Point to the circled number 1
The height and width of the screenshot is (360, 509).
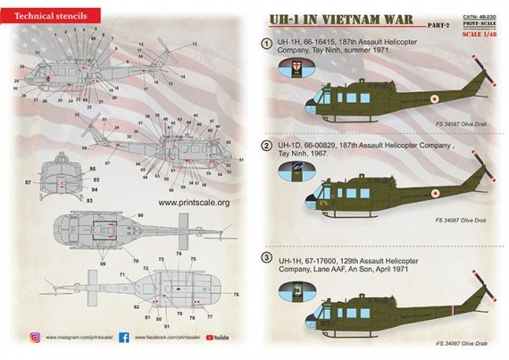(265, 45)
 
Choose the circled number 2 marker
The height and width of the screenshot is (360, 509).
(265, 145)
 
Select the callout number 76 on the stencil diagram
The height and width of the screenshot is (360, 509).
(237, 294)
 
